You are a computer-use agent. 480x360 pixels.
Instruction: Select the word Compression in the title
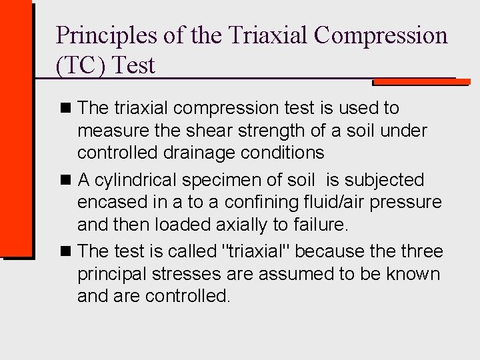click(x=381, y=35)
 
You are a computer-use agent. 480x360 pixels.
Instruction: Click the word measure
click(x=109, y=130)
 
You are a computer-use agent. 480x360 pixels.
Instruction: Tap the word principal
click(x=109, y=274)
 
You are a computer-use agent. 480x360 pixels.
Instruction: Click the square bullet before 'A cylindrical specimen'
click(x=65, y=180)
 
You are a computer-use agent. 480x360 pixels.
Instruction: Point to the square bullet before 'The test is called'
click(x=65, y=251)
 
